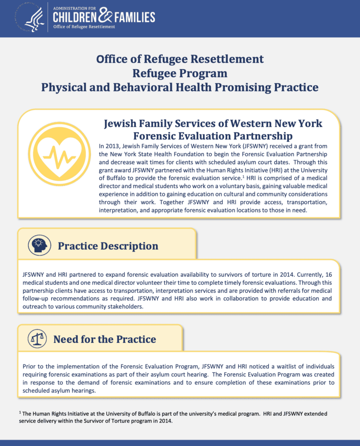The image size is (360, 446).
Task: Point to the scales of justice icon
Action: [37, 339]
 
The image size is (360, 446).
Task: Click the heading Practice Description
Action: [108, 246]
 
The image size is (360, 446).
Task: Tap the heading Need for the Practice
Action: [104, 339]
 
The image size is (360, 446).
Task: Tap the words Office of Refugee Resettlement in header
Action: [84, 27]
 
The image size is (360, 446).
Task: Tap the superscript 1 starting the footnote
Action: [20, 412]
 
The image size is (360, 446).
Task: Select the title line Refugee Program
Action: [180, 73]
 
